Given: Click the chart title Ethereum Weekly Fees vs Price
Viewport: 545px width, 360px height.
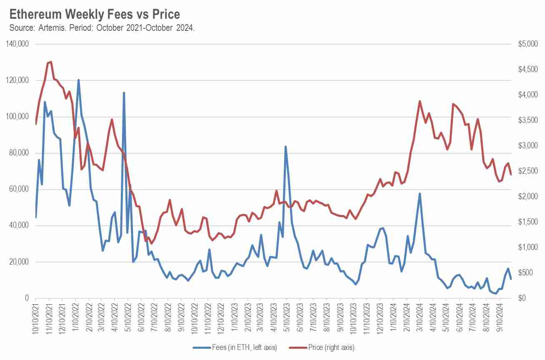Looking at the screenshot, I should point(95,14).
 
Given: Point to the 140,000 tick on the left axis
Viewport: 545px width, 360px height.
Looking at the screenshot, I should point(18,44).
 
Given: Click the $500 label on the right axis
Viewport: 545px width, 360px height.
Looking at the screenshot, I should point(528,273).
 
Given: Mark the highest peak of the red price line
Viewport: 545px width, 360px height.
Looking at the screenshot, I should point(51,62).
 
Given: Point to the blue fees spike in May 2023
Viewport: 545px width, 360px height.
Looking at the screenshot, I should point(285,147).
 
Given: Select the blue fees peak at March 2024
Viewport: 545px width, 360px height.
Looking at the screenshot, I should point(420,193).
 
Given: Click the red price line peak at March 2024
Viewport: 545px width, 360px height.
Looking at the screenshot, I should point(420,101).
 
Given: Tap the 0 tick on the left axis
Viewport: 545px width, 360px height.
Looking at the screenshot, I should point(26,298).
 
